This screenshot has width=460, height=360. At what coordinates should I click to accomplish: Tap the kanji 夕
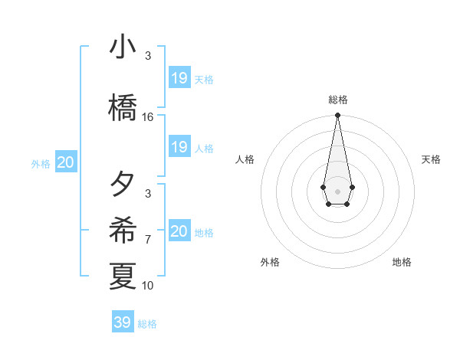point(123,185)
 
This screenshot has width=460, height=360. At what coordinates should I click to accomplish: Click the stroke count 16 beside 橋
point(148,117)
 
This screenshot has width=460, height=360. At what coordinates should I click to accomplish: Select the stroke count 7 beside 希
point(148,240)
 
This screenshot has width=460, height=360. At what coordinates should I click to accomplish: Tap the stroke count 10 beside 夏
point(148,286)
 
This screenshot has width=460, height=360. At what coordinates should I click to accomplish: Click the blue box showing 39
point(123,322)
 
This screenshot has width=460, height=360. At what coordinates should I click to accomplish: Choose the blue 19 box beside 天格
point(179,78)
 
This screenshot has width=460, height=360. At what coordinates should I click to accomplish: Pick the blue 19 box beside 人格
point(179,147)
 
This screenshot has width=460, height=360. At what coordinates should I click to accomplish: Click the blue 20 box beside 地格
point(179,231)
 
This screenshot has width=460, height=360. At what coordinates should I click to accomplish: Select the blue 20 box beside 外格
point(66,162)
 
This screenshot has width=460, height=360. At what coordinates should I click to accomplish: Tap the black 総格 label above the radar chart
point(338,100)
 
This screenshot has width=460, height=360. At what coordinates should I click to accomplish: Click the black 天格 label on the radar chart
point(431,159)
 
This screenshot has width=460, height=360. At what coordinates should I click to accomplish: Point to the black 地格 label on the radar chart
point(402,262)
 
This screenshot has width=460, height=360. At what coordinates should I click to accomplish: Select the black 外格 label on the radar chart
point(270,262)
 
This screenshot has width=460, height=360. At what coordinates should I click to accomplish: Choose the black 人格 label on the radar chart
point(245,159)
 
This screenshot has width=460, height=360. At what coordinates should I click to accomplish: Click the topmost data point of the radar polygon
point(337,116)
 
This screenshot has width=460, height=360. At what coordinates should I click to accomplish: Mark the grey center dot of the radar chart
point(337,190)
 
